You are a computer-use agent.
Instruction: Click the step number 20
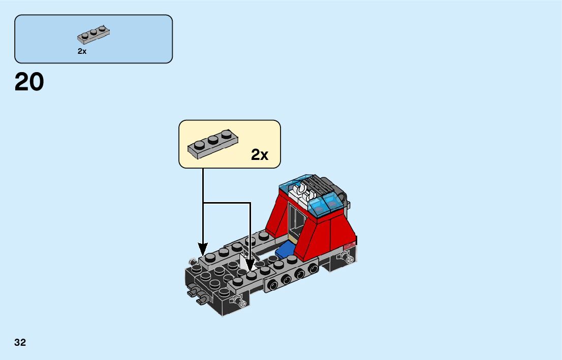(29, 82)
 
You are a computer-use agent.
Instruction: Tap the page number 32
(20, 342)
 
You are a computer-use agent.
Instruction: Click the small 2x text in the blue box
(82, 51)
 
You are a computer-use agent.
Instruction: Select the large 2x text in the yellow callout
(260, 155)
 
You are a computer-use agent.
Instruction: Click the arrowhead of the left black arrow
(203, 250)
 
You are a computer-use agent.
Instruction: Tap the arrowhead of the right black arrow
(250, 265)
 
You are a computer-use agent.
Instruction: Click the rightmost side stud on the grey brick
(313, 268)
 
